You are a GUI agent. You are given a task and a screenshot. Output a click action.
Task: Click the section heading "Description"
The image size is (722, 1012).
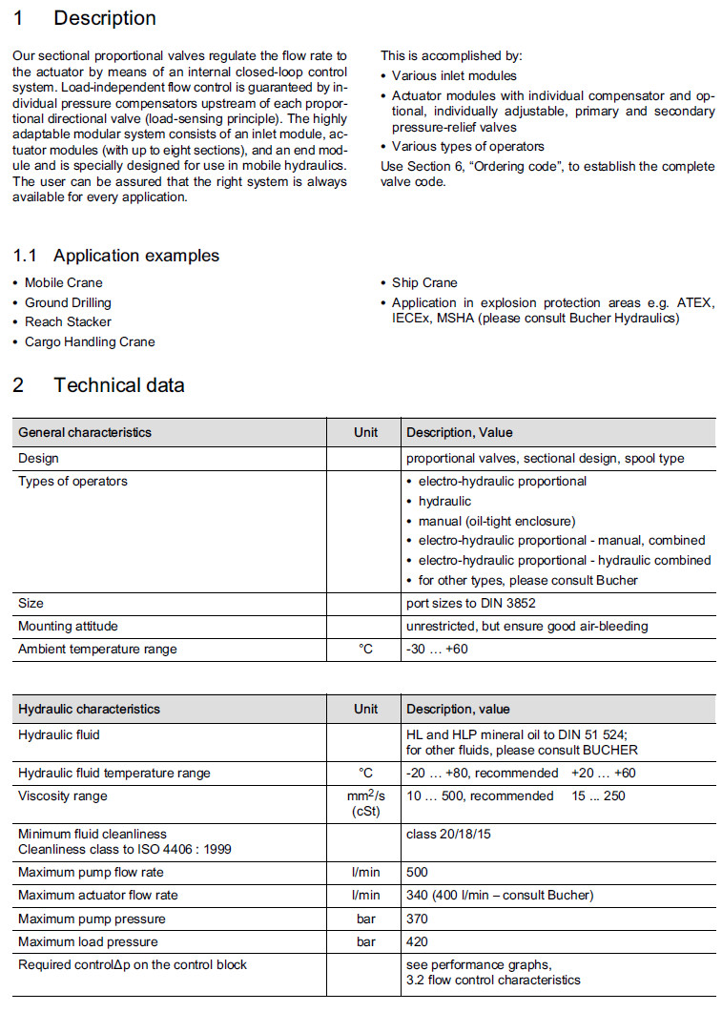coord(105,18)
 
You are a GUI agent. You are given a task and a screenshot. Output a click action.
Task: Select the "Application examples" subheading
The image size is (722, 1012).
coord(135,256)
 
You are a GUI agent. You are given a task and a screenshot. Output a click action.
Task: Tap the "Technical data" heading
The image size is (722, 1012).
coord(118,385)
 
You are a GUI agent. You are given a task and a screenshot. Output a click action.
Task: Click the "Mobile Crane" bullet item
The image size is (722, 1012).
coord(63,283)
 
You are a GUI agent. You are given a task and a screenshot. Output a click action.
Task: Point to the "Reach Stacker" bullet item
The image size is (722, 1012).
coord(68,322)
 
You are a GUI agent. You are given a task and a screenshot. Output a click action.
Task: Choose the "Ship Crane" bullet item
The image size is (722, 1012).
coord(424,283)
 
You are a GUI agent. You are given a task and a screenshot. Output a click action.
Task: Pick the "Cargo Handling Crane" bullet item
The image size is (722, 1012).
coord(90,342)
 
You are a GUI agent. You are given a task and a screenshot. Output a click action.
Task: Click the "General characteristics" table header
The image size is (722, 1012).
coord(85,433)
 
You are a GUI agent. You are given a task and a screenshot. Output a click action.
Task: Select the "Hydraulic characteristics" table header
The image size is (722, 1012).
coord(90,710)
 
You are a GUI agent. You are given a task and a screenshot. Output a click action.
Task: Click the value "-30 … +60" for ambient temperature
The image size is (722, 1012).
coord(438,650)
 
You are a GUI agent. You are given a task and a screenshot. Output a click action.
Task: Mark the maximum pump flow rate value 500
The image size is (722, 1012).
coord(418,873)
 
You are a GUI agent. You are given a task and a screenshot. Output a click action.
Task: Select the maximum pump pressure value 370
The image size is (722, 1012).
coord(418,919)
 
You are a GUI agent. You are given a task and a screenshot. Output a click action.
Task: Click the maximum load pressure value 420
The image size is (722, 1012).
coord(418,942)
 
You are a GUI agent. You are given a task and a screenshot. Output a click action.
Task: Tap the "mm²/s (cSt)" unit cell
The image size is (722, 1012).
coord(365,803)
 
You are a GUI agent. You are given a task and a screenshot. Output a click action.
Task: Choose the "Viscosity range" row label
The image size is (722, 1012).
coord(63,796)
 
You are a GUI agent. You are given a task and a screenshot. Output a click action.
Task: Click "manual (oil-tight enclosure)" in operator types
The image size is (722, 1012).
coord(497,521)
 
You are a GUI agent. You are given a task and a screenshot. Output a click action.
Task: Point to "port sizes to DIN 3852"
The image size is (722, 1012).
coord(473,604)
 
